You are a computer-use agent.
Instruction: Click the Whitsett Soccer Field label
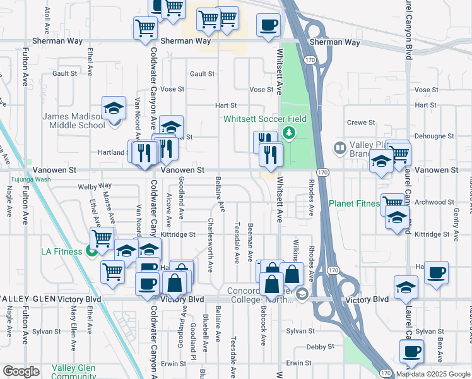(265, 119)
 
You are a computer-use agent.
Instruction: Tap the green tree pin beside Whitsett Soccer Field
(288, 133)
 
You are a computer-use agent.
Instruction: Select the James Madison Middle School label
(73, 121)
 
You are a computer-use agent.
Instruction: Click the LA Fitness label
(62, 251)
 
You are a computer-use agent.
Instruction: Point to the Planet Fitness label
(354, 204)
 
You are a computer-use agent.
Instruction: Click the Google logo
(21, 371)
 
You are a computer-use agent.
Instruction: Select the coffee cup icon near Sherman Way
(268, 26)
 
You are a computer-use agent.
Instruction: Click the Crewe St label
(361, 123)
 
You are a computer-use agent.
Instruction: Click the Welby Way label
(94, 186)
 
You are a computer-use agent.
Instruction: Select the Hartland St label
(114, 152)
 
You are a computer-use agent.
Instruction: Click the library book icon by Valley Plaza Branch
(340, 148)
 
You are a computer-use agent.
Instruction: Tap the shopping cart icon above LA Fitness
(102, 238)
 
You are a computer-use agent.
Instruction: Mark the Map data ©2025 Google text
(433, 374)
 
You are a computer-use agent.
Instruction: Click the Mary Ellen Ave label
(74, 328)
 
